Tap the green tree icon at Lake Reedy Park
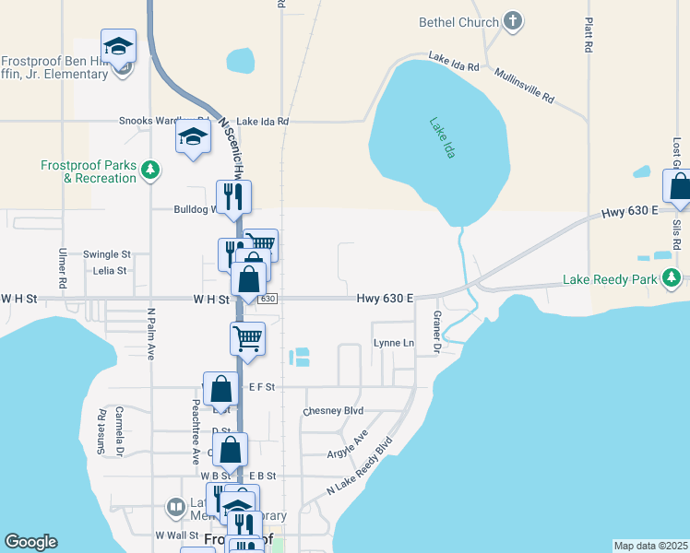tap(674, 276)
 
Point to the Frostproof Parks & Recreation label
tap(89, 171)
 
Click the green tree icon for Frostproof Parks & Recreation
tap(150, 170)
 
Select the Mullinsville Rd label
tap(523, 86)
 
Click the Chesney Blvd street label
tap(333, 410)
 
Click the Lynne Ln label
tap(394, 343)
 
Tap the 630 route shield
tap(268, 299)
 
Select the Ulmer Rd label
tap(63, 265)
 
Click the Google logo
tap(31, 542)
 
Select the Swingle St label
tap(107, 253)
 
